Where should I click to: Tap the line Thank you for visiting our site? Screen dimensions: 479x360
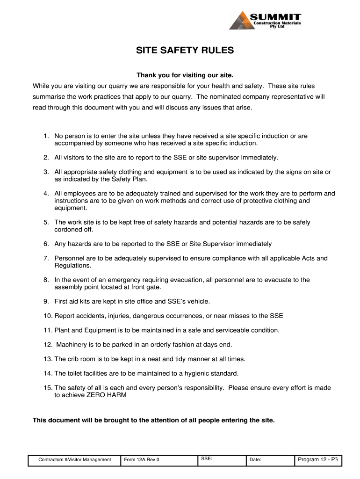click(184, 75)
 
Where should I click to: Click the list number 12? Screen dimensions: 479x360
click(48, 344)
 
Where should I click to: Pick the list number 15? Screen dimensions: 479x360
click(48, 387)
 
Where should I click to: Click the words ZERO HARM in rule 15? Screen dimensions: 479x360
click(106, 395)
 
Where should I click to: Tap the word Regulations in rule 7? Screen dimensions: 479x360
click(73, 265)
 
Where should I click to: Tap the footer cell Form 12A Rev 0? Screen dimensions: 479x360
click(142, 460)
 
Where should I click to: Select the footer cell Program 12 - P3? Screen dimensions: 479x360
click(317, 459)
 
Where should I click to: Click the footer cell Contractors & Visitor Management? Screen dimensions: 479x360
click(75, 460)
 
